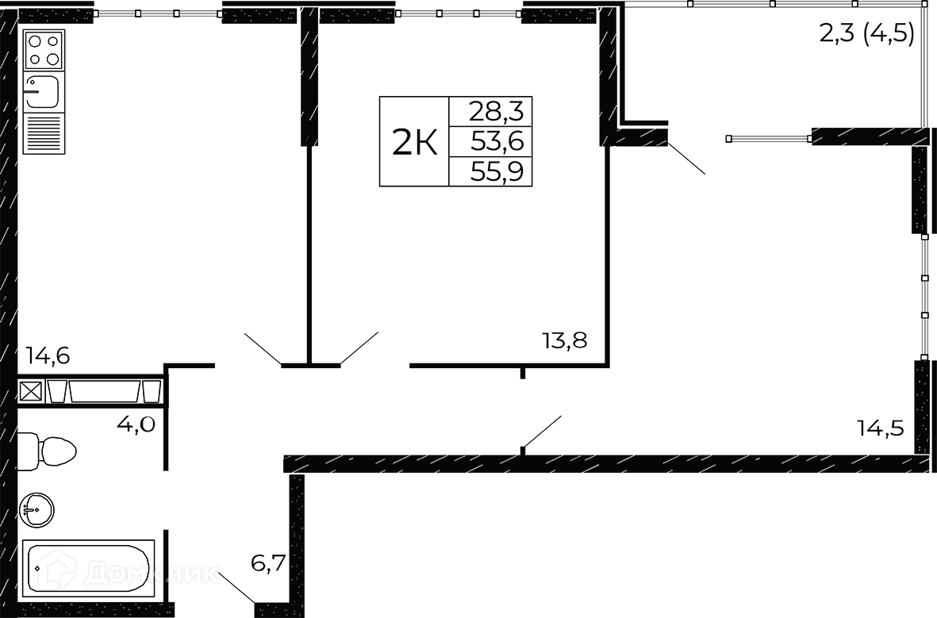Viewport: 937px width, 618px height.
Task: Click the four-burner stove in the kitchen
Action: click(44, 50)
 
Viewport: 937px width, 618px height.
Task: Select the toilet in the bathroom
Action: click(47, 450)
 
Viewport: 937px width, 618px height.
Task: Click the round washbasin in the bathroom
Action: click(36, 510)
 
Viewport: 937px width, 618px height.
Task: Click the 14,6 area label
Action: click(48, 355)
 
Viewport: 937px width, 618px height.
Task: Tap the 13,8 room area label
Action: click(565, 340)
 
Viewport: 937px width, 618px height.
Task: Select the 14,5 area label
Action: click(880, 428)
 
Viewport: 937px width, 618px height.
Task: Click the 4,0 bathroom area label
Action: click(136, 424)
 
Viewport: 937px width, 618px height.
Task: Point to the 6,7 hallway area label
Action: click(268, 563)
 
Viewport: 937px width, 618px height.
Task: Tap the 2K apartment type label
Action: click(415, 142)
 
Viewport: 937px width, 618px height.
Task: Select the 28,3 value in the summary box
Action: click(496, 111)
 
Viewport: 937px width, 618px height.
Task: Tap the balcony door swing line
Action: click(686, 158)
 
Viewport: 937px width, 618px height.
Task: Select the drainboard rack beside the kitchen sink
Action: click(44, 132)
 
